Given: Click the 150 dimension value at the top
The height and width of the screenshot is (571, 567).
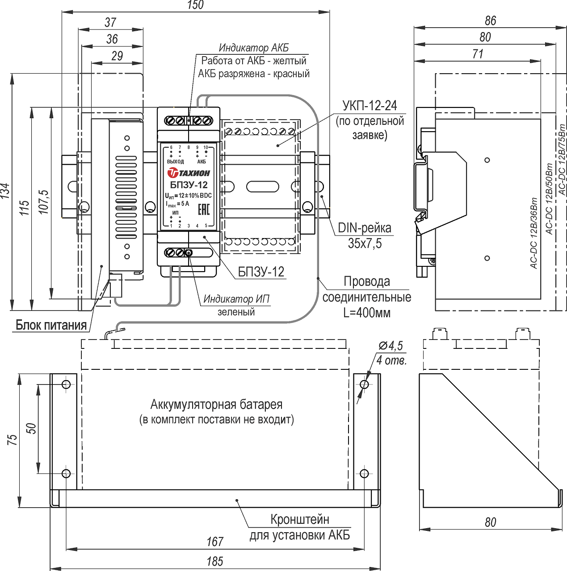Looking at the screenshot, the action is tap(196, 5).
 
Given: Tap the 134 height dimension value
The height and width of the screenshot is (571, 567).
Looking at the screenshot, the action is tap(5, 191).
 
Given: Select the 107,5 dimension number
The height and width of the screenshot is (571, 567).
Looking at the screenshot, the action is tap(44, 202).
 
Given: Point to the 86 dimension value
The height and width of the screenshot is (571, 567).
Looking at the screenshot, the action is tap(491, 21).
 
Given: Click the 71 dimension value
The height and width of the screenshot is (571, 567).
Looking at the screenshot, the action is tap(478, 54).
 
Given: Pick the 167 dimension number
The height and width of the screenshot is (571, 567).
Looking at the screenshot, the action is tap(214, 542).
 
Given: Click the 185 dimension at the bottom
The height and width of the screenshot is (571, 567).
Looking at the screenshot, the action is tap(214, 561).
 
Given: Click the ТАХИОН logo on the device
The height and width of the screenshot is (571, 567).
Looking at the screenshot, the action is tap(189, 173).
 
